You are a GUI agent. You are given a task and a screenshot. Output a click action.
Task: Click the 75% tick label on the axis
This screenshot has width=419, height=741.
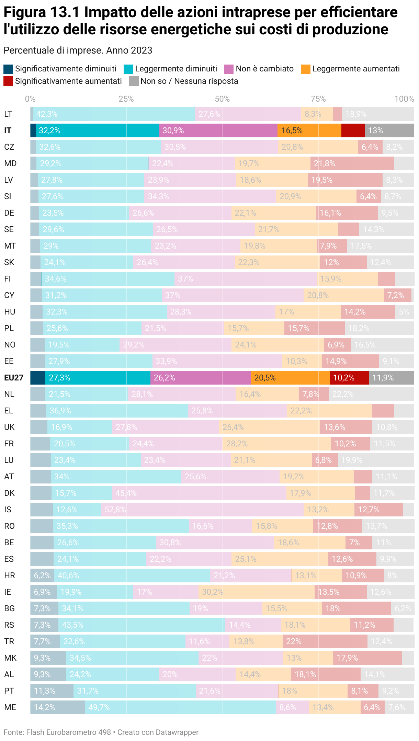coord(318,99)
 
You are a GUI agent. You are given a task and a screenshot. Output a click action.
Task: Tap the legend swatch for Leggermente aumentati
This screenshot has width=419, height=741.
coord(305,69)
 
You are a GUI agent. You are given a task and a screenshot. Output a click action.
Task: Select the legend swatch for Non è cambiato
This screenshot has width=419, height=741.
coord(229,69)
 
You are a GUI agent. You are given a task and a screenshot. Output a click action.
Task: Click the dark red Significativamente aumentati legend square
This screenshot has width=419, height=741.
coord(8,81)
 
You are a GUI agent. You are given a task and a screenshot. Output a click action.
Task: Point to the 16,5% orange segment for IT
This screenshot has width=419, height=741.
coord(309,130)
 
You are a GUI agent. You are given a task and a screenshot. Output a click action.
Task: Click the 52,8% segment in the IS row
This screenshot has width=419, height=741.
coord(202,510)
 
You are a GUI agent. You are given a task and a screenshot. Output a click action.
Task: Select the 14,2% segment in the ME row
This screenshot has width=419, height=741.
coord(58,707)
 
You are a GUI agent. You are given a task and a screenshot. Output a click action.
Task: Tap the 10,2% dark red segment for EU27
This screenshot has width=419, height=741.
coord(349,378)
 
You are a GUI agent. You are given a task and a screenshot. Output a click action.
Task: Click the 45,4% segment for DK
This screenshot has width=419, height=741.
coord(199,493)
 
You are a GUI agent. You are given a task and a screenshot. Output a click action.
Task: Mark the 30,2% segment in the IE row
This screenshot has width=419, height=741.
coord(257,592)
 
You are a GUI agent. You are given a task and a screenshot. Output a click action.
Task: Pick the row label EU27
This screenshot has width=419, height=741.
coord(14,378)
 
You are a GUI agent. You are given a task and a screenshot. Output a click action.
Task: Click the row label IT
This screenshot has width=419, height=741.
coord(8,130)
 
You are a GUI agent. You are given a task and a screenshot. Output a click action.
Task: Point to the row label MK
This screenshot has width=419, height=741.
coord(10,658)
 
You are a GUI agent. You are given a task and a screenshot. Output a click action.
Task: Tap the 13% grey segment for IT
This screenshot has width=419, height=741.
coord(389,130)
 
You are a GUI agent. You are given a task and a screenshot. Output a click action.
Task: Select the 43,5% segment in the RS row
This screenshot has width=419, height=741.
coord(142,625)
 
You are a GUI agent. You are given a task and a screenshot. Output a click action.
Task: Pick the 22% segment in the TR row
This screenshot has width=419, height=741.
coord(325,641)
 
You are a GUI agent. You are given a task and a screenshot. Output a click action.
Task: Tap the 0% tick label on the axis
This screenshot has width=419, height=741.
coord(30,99)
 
